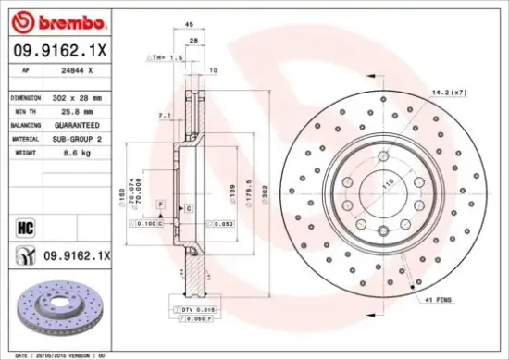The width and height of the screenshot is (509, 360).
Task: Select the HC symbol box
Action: coord(25,224)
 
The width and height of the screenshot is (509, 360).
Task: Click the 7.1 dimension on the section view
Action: coord(164,116)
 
